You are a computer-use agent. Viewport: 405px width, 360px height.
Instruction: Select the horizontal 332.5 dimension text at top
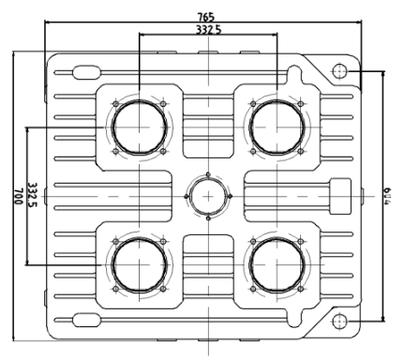(207, 31)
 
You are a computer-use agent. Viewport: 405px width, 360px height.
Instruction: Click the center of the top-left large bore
(139, 127)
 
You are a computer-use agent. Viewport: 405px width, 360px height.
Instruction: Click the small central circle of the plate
(206, 197)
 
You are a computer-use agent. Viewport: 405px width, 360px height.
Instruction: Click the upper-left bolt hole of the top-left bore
(114, 102)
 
